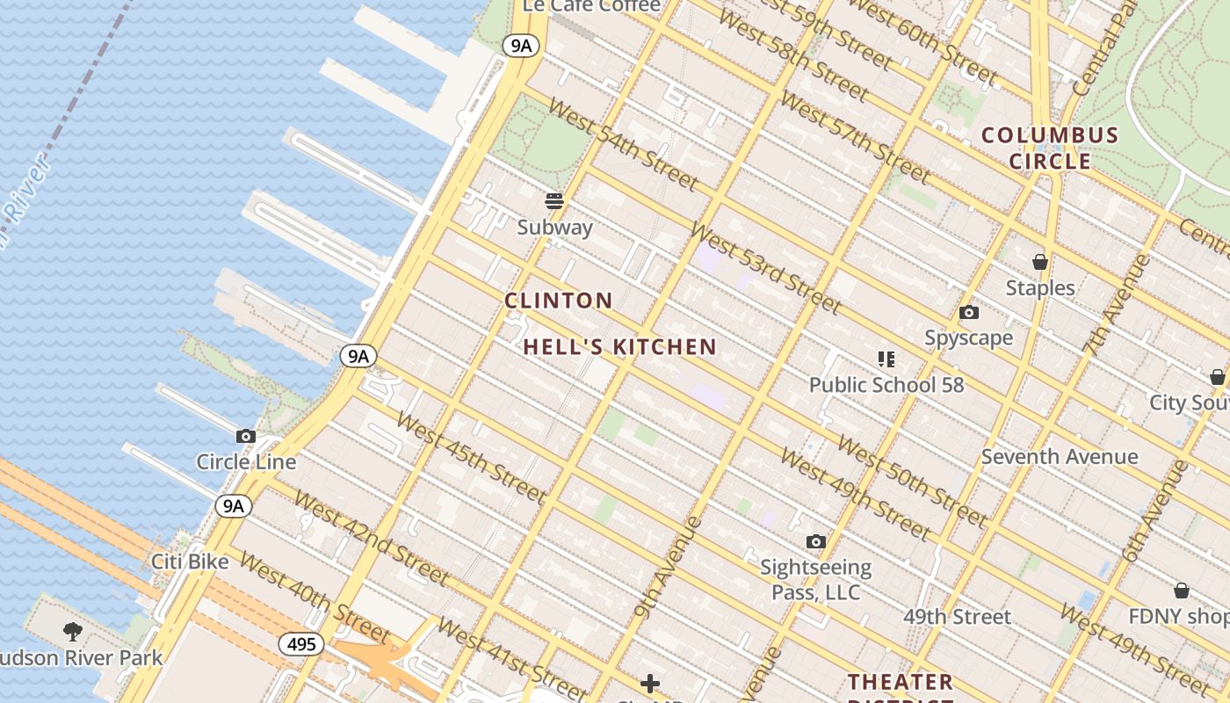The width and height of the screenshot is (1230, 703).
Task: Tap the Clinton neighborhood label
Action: (559, 301)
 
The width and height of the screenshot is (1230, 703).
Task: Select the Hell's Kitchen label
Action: (620, 347)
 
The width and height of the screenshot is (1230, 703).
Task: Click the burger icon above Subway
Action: (553, 201)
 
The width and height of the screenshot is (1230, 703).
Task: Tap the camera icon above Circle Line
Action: (246, 436)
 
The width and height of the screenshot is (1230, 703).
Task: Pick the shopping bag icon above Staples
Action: (1040, 262)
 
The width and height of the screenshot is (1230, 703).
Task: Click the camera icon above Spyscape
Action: (969, 312)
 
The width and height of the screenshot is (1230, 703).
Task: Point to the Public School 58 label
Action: (886, 385)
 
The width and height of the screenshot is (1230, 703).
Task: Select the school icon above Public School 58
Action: (886, 359)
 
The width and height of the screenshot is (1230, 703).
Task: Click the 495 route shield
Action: (301, 644)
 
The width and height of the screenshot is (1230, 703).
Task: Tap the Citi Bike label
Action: (190, 562)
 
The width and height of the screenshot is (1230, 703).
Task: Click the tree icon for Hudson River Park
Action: (73, 631)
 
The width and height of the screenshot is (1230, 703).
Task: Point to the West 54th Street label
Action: (623, 144)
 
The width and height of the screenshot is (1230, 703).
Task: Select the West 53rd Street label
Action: (765, 267)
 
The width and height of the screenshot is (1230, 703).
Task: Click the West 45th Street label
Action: (471, 457)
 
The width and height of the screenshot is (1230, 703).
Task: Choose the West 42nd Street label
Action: (372, 538)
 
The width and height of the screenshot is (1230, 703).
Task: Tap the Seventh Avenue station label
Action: (1060, 457)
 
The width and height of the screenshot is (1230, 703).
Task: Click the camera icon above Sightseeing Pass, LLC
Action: (816, 541)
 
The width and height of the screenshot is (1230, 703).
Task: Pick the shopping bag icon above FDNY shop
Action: (1182, 590)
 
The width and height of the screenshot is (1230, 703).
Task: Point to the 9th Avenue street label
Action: (669, 568)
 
